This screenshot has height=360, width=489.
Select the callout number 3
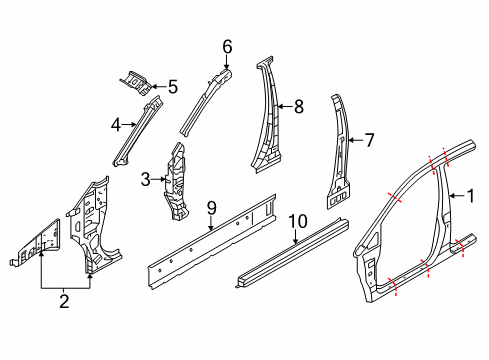pos(146,180)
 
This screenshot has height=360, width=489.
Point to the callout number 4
pos(115,126)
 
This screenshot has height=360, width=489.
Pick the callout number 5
pos(172,87)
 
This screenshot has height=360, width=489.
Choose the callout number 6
pos(227,46)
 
